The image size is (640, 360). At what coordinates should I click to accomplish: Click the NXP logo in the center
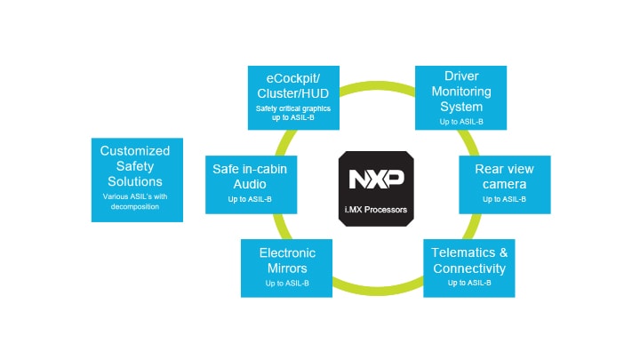coord(376,179)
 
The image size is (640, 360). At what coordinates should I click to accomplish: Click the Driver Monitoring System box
coord(461,96)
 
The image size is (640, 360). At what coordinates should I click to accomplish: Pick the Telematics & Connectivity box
coord(468,268)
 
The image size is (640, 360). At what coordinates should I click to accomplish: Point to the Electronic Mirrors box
coord(287,268)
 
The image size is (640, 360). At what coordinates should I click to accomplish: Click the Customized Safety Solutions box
coord(136,179)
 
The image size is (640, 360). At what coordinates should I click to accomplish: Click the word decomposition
coord(136,206)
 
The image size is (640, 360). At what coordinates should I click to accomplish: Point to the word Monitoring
coord(462,90)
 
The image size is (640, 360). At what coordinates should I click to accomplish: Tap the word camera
coord(504,183)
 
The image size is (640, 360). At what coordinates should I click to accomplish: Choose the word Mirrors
coord(287,268)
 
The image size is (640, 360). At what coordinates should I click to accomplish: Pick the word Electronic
coord(287,253)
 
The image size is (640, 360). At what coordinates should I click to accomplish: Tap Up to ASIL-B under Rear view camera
coord(504,199)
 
